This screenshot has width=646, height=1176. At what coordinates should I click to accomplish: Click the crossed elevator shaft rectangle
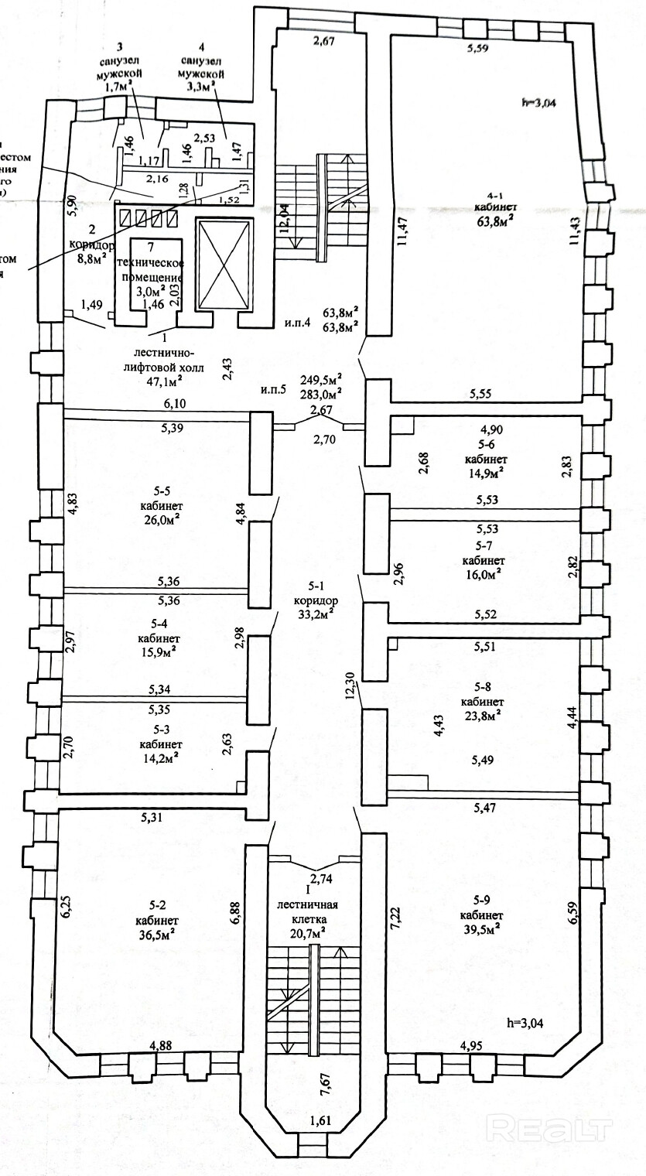click(225, 264)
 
